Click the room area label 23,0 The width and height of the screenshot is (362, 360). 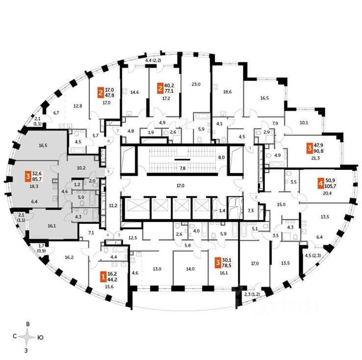point(196,84)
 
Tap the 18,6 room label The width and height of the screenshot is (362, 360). point(227,92)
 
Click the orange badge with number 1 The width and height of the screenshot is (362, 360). point(103,276)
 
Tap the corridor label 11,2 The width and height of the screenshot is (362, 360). point(112,205)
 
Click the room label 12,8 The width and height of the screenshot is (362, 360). point(78,106)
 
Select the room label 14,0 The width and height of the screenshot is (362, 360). point(190,269)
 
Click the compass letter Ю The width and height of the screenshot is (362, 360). point(41,337)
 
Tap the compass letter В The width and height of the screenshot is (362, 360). point(28,324)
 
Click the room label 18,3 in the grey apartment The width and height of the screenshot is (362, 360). point(34,187)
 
